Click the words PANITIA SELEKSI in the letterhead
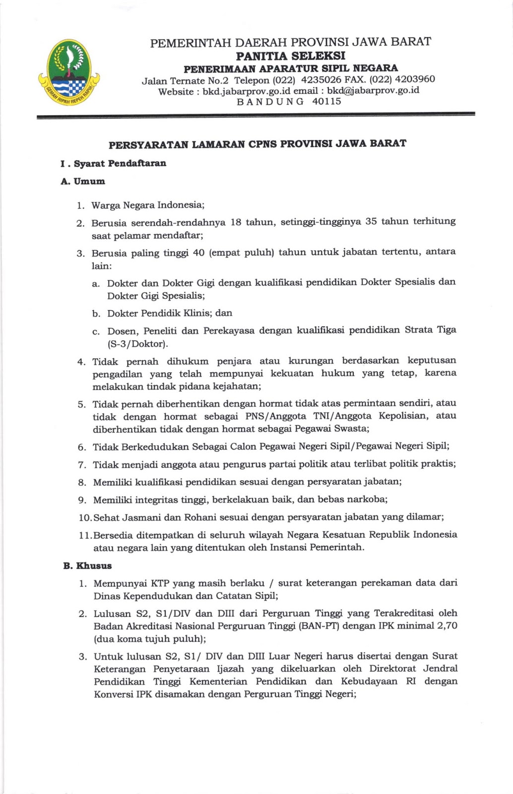[290, 55]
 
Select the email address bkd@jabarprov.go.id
[373, 90]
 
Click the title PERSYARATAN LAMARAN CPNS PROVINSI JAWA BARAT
[257, 144]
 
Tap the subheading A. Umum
[83, 182]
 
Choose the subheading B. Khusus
[87, 566]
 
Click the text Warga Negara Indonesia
[147, 205]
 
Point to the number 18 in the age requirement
[236, 222]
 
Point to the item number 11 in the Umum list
[85, 535]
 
